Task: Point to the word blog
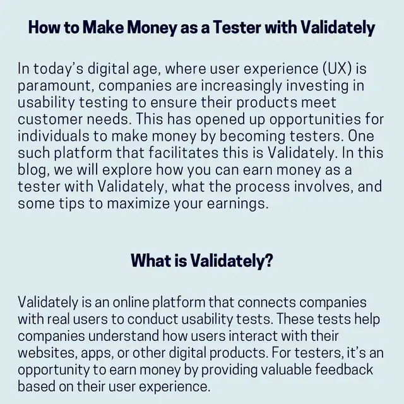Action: [33, 170]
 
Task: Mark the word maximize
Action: [138, 203]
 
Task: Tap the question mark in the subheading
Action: [268, 260]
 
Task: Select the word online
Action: [131, 302]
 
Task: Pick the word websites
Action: [48, 353]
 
